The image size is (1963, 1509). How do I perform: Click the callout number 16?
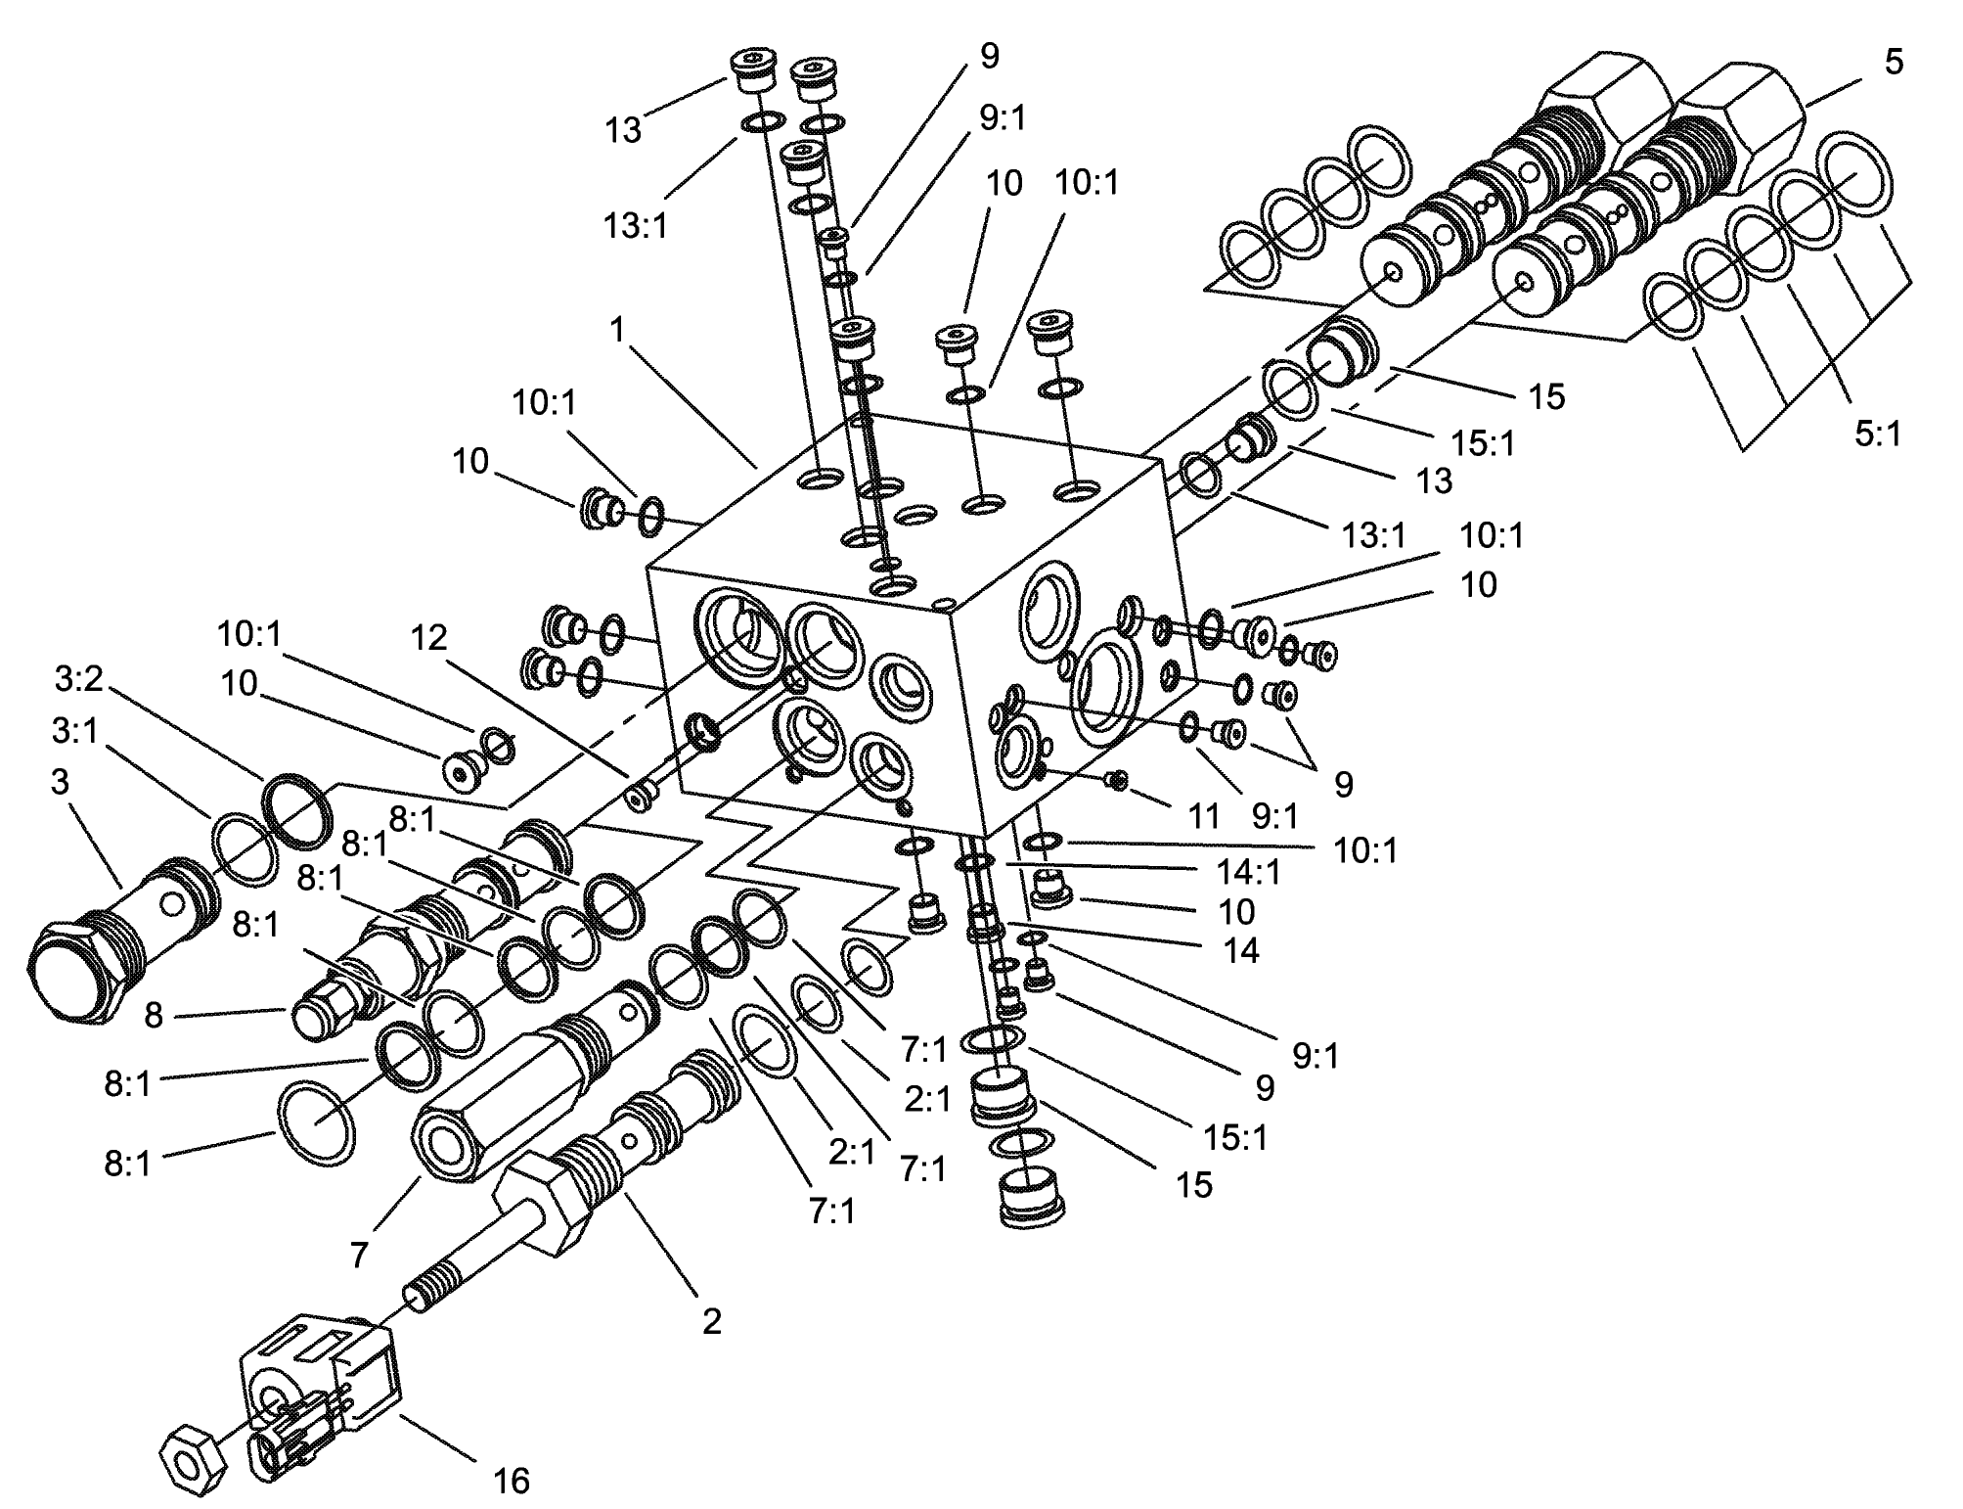tap(510, 1481)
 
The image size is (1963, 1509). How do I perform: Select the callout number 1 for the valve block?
tap(616, 330)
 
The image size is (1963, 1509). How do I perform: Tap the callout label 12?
tap(428, 638)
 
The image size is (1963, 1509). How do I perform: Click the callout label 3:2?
tap(79, 679)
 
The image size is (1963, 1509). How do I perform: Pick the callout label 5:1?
tap(1877, 433)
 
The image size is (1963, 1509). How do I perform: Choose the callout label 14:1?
tap(1248, 871)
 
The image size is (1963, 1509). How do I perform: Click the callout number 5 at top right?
tap(1894, 63)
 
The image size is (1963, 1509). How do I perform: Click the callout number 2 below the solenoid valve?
tap(711, 1321)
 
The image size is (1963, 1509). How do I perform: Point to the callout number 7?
tap(359, 1254)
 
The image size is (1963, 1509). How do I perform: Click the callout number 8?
tap(153, 1015)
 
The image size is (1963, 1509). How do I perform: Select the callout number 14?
tap(1241, 950)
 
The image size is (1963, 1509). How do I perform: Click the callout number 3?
tap(61, 783)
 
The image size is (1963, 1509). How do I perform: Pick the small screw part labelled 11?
tap(1115, 779)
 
